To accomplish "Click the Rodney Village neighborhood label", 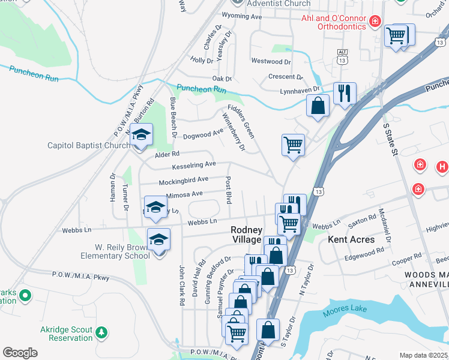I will pyautogui.click(x=247, y=235).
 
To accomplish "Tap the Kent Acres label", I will pyautogui.click(x=351, y=239).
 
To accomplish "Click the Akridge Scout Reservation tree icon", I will pyautogui.click(x=102, y=332).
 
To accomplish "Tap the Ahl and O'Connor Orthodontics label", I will pyautogui.click(x=333, y=22).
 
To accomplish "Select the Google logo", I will pyautogui.click(x=20, y=352).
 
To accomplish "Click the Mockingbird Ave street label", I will pyautogui.click(x=183, y=179).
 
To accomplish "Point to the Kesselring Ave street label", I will pyautogui.click(x=194, y=164).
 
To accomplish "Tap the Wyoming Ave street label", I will pyautogui.click(x=242, y=17).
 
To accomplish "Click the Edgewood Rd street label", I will pyautogui.click(x=364, y=257).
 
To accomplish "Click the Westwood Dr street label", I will pyautogui.click(x=271, y=61).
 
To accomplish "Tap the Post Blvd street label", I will pyautogui.click(x=228, y=190).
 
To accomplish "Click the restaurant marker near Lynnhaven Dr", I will pyautogui.click(x=345, y=94).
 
